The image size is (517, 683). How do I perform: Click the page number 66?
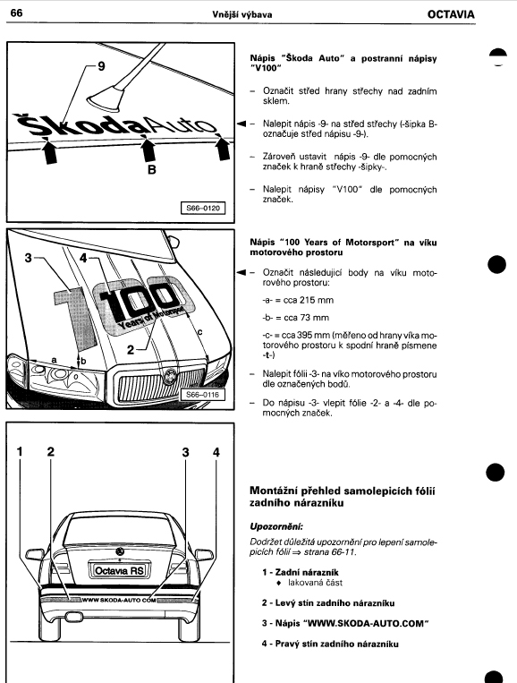16,13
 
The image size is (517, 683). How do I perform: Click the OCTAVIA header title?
451,14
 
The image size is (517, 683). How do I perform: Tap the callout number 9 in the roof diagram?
101,66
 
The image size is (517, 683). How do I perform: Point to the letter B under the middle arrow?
152,169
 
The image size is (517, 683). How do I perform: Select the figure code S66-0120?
203,208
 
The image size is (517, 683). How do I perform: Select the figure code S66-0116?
203,395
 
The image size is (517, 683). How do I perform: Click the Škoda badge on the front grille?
170,375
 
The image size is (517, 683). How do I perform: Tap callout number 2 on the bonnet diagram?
131,349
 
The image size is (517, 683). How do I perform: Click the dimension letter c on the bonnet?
199,332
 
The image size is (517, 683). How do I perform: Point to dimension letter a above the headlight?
54,360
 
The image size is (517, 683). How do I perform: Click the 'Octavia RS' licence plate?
119,570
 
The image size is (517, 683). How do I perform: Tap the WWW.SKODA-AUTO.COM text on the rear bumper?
119,600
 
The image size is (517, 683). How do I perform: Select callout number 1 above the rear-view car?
20,452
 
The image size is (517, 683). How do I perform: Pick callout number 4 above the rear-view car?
216,452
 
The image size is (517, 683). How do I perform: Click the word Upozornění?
276,526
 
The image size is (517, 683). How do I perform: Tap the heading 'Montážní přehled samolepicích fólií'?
343,491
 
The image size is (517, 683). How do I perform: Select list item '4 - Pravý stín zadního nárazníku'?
330,644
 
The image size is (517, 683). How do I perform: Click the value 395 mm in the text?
314,336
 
